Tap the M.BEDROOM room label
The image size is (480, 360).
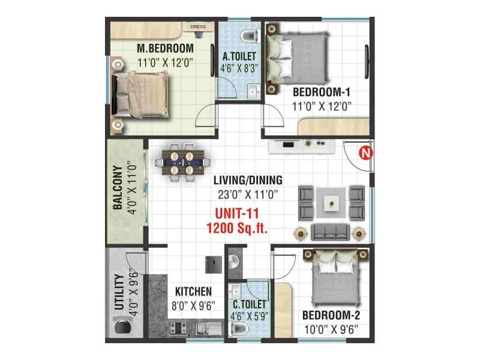tap(164, 48)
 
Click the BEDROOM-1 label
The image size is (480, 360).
tap(321, 92)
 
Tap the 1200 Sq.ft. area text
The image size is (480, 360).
tap(236, 228)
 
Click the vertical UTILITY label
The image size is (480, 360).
tap(118, 292)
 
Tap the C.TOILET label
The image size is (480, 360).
tap(248, 305)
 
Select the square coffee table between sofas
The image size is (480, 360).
tap(332, 203)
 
